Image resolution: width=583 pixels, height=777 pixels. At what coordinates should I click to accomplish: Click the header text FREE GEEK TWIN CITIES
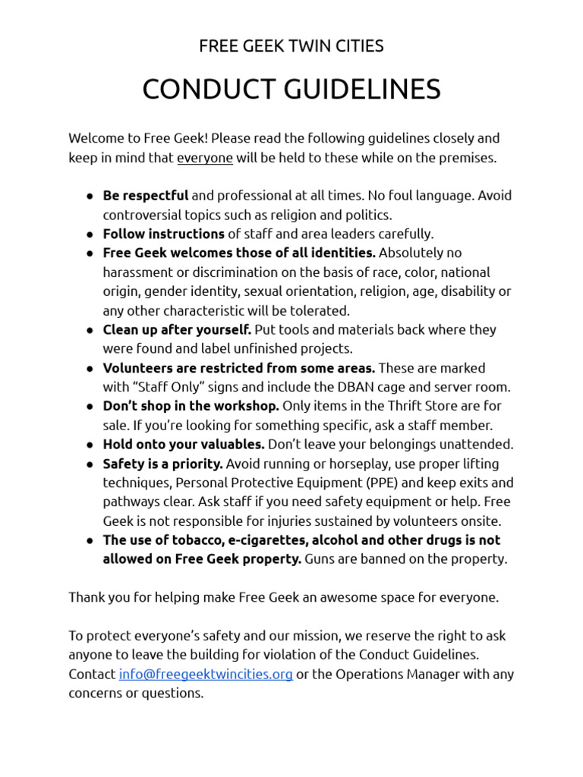tap(291, 46)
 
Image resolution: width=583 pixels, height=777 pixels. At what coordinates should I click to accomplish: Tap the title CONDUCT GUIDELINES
tap(291, 90)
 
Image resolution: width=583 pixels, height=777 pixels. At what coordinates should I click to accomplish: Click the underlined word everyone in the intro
tap(205, 158)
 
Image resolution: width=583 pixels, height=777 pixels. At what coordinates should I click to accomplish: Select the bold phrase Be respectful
tap(146, 196)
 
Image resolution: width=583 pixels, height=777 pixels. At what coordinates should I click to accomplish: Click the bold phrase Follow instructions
tap(164, 234)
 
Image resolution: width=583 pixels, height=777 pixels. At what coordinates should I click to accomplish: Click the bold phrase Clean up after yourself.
tap(177, 329)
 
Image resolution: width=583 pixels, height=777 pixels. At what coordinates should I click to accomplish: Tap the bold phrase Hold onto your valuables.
tap(184, 445)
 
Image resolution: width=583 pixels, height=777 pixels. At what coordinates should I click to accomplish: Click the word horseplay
tap(344, 464)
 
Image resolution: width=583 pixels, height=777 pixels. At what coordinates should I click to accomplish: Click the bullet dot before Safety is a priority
tap(90, 464)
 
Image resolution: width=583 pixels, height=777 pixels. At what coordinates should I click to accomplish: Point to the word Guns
tap(321, 559)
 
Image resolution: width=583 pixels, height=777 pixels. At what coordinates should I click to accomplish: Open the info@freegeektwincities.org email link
tap(206, 674)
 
